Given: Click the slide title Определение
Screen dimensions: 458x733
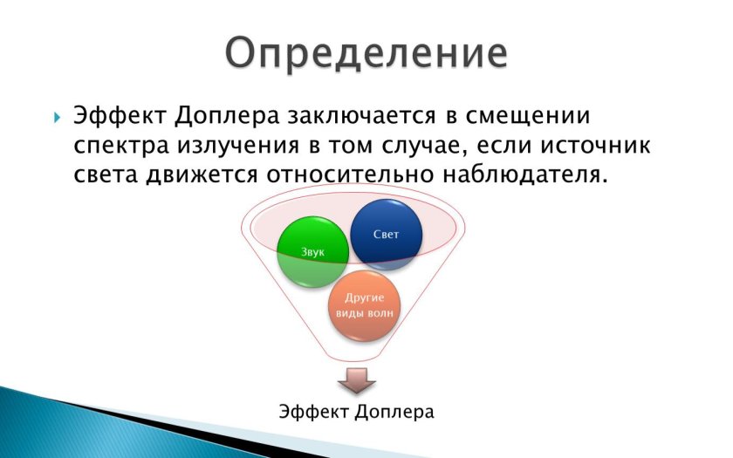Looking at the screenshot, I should tap(365, 52).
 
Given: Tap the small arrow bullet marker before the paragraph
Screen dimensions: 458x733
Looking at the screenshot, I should tap(56, 117).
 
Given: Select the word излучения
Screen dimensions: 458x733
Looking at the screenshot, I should tap(239, 145).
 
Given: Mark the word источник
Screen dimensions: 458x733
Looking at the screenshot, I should tap(601, 145).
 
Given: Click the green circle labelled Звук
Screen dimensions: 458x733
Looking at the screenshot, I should tap(312, 252).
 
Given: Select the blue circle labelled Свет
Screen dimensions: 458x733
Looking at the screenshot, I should tap(386, 234).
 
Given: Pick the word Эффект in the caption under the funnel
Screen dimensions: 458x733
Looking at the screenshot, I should tap(315, 410).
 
